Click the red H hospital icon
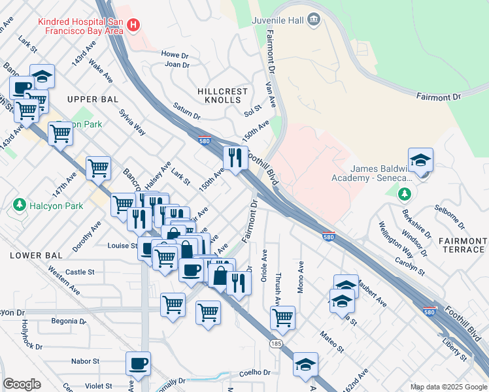pos(133,25)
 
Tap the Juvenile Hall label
pos(278,20)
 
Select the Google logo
pos(22,384)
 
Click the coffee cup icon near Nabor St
pos(138,363)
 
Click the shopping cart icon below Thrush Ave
pos(282,318)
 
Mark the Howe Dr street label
pos(175,54)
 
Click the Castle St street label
pos(80,272)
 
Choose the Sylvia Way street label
pos(132,121)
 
